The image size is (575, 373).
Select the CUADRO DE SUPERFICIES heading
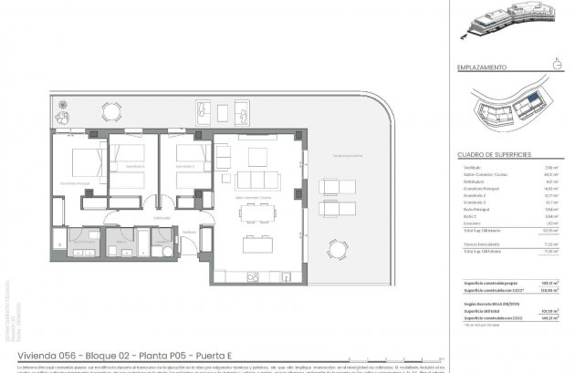tap(494, 155)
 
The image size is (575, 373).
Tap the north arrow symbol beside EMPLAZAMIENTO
tap(557, 65)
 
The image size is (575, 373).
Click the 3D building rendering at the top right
tap(510, 26)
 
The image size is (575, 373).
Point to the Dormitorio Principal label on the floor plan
tap(76, 182)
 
